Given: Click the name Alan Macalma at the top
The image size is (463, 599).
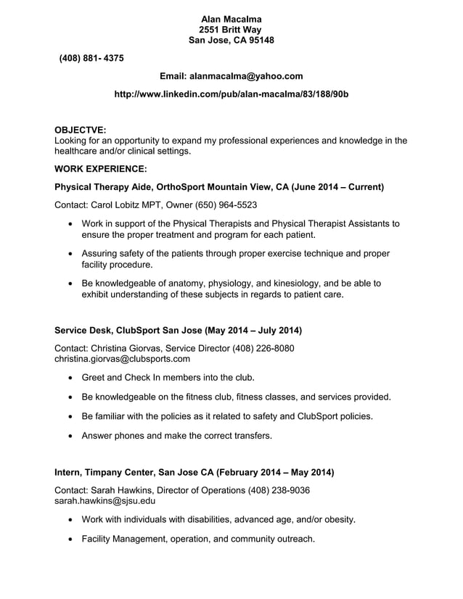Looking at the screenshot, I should coord(231,19).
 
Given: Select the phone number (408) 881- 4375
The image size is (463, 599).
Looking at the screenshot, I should coord(91,58).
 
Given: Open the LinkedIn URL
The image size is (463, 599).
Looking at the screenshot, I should coord(232,95).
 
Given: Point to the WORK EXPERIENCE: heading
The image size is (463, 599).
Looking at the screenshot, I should coord(101,168).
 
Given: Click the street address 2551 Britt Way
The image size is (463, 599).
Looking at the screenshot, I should coord(231,30).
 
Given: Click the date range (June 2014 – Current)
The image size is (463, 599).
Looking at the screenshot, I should coord(337,187).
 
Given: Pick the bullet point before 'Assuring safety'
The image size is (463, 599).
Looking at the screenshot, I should coord(70,255).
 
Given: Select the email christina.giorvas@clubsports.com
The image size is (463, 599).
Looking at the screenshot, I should coord(123,359).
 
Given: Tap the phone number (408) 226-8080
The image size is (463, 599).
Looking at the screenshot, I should coord(263,348).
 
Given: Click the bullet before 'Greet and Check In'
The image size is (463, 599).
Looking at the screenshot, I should coord(70,378).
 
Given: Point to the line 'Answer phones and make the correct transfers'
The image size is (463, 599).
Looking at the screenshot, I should coord(177,436).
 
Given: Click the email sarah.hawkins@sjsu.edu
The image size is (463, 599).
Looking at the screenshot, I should coord(105,500).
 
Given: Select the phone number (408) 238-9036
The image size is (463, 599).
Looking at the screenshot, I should coord(279,490).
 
